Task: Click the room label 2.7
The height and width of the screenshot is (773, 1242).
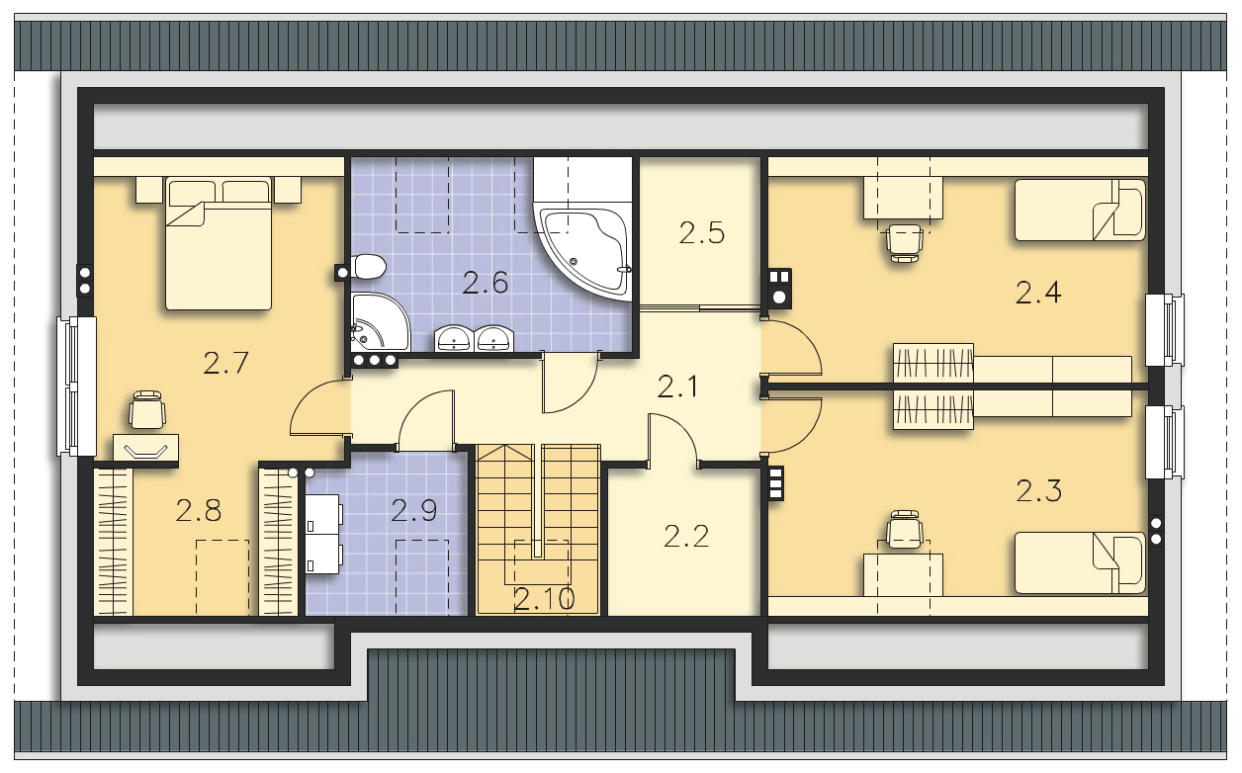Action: pyautogui.click(x=225, y=363)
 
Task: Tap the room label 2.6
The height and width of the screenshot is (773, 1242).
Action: pyautogui.click(x=486, y=284)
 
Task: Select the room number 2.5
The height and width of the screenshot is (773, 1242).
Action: pyautogui.click(x=702, y=233)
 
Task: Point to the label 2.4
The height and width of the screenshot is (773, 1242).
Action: pyautogui.click(x=1038, y=293)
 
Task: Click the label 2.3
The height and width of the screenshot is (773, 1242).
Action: pyautogui.click(x=1038, y=490)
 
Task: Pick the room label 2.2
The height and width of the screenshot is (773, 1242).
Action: pyautogui.click(x=687, y=537)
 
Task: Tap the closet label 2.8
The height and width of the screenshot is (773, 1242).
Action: pyautogui.click(x=198, y=511)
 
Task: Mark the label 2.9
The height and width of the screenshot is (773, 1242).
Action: pyautogui.click(x=413, y=511)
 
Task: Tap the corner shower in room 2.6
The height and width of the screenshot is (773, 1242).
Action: pyautogui.click(x=378, y=321)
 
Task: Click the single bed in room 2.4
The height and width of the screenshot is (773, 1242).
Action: pyautogui.click(x=1080, y=210)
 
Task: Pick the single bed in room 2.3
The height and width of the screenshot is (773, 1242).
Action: pyautogui.click(x=1080, y=563)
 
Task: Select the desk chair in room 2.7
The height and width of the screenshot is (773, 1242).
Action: pyautogui.click(x=146, y=410)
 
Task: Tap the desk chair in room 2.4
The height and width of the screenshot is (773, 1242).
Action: pyautogui.click(x=905, y=240)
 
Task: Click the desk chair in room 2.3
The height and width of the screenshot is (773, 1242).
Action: pyautogui.click(x=905, y=532)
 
